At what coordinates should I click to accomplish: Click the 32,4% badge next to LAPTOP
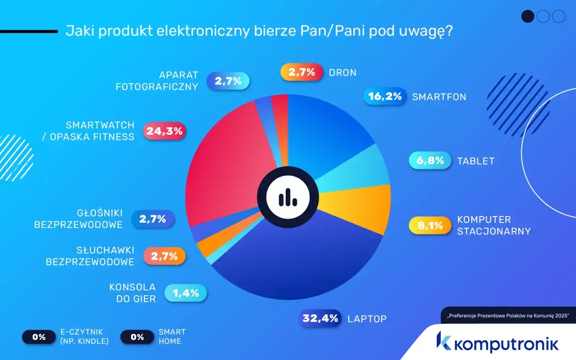320,318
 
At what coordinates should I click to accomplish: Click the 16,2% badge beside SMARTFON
384,96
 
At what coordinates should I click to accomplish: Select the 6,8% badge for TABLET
430,161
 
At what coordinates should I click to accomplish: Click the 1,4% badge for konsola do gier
185,293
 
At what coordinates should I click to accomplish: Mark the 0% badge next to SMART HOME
137,337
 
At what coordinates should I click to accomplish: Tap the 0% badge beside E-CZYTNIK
39,337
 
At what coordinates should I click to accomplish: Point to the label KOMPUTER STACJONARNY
493,226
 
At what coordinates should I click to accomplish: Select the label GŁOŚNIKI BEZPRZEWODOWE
79,219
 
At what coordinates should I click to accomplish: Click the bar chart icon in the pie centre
287,196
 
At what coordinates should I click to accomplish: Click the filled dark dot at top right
528,16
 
